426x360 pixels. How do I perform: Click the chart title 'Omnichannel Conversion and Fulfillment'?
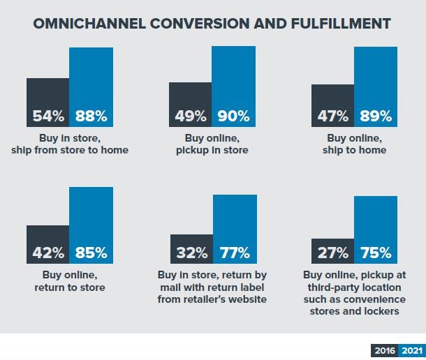click(x=212, y=24)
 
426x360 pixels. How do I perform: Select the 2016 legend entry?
click(x=384, y=351)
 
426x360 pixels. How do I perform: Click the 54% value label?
click(x=48, y=116)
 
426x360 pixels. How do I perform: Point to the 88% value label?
click(x=91, y=116)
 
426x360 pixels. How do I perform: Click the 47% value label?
click(x=332, y=116)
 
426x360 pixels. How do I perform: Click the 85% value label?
click(x=91, y=252)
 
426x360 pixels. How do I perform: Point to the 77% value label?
click(x=235, y=252)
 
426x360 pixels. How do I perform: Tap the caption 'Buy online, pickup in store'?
click(x=212, y=144)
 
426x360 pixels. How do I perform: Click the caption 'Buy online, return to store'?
click(x=70, y=281)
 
